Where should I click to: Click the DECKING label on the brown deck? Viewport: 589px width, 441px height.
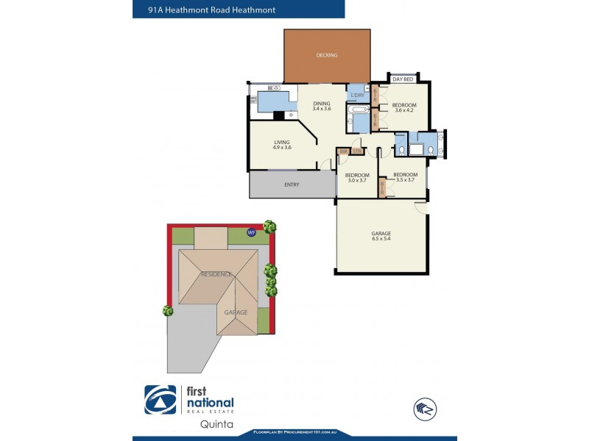click(326, 55)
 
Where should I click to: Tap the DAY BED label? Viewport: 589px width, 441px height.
click(402, 79)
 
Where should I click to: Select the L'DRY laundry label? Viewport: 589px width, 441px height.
click(358, 96)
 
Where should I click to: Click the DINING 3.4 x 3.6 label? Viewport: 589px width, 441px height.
click(322, 106)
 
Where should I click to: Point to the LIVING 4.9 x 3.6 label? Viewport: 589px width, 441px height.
click(282, 145)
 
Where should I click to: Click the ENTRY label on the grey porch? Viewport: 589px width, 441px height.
click(292, 184)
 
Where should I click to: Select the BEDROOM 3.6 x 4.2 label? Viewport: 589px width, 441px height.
click(405, 108)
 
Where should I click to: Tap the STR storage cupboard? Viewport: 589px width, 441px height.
click(357, 151)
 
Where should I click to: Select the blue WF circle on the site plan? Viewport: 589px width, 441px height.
click(251, 232)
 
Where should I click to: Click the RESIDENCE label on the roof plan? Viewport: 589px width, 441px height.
click(216, 274)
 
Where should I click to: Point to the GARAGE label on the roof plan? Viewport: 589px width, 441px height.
click(236, 312)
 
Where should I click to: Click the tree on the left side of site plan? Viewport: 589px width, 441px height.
click(168, 311)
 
